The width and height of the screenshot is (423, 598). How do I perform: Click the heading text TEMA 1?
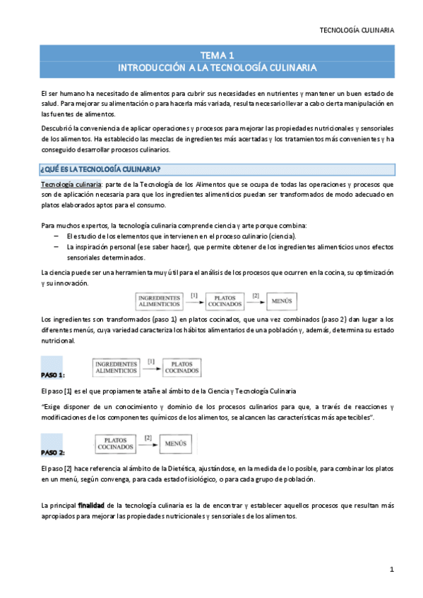217,55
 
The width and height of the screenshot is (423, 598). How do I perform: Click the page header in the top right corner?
357,30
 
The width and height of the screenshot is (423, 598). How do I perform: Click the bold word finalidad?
92,505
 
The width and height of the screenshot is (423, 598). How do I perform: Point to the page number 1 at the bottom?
391,569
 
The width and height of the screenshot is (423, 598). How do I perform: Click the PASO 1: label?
53,374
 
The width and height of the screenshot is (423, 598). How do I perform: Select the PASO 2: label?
53,452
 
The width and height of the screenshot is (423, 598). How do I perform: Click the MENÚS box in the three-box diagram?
282,301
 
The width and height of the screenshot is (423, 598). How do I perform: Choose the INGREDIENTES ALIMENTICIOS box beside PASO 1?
116,367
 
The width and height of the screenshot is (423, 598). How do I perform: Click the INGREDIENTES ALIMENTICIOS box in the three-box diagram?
160,301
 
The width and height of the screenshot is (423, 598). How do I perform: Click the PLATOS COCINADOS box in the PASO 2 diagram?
116,445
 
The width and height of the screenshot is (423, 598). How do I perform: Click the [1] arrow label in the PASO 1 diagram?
151,361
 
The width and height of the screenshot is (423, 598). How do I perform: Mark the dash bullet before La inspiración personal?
56,248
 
